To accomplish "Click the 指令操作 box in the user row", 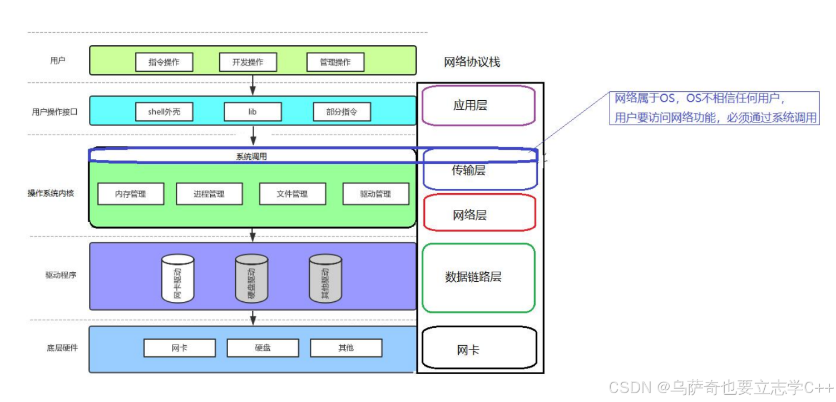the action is coord(164,62).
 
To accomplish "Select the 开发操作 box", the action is coord(248,62).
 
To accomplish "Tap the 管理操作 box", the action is coord(335,62).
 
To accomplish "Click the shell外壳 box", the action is coord(164,112).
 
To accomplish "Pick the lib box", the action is coord(253,112).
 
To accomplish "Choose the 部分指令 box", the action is coord(342,112).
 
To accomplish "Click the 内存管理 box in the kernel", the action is coord(131,194).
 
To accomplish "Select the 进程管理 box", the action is coord(209,194).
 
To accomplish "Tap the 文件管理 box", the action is coord(292,194).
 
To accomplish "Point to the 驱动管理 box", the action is coord(375,194).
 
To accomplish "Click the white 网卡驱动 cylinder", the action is coord(177,278).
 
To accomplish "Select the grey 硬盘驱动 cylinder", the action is coord(251,278).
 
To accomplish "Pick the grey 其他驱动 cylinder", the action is coord(325,278).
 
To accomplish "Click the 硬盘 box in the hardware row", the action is coord(263,348).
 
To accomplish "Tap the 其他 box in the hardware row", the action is coord(346,348).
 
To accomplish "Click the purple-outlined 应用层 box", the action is coord(478,105).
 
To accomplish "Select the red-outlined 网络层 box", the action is coord(479,213).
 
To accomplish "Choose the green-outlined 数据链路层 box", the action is coord(478,278).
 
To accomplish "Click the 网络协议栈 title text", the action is coord(472,62).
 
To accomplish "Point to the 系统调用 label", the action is coord(251,156).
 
